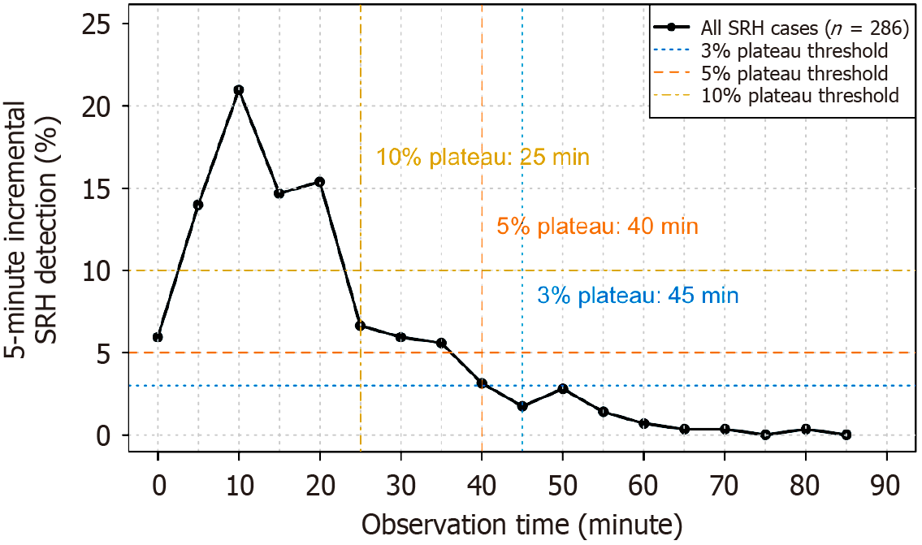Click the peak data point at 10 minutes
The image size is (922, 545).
(239, 90)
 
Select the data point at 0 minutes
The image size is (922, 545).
(158, 337)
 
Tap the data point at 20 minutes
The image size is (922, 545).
(319, 182)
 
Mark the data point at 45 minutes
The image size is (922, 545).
(522, 406)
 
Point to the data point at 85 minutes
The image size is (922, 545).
(846, 435)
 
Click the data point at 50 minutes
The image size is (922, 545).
(562, 389)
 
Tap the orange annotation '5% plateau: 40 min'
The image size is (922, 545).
(597, 227)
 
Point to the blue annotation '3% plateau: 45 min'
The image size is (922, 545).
(638, 296)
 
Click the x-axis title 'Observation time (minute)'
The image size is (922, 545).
(522, 523)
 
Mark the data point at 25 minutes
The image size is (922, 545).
(360, 326)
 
